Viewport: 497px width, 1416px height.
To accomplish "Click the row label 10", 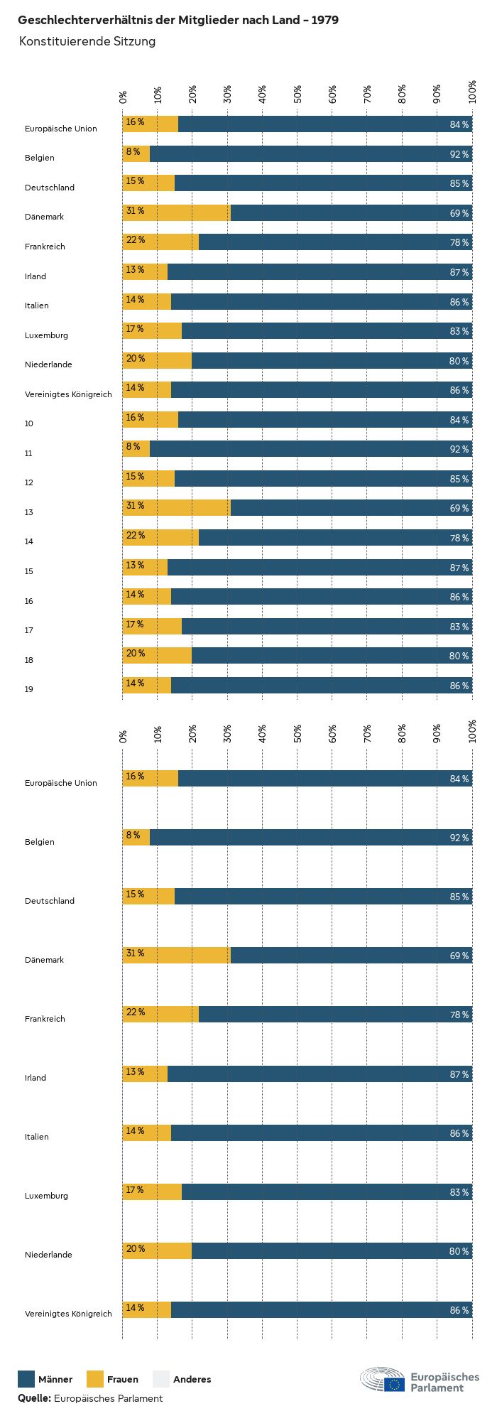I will [x=29, y=423].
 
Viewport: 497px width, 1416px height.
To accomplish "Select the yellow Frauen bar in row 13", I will [x=177, y=507].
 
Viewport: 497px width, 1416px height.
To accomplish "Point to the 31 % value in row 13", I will [x=135, y=506].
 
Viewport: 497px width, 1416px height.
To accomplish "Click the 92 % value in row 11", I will [x=459, y=450].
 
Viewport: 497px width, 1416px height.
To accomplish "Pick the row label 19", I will [x=29, y=689].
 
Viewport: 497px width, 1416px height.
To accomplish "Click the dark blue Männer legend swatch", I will [x=26, y=1379].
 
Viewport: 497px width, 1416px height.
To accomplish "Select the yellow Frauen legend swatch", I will [x=95, y=1379].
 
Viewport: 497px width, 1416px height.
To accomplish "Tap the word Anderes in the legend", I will [x=192, y=1380].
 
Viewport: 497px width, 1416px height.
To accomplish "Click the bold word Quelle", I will [x=34, y=1398].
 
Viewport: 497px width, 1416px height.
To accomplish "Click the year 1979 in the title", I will [x=325, y=21].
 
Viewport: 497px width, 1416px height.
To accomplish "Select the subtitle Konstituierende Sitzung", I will [x=87, y=41].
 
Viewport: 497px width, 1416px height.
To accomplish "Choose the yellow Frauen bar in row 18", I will [x=158, y=655].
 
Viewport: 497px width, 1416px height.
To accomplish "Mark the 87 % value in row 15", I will [x=459, y=568].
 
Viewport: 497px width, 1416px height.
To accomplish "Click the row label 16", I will [x=29, y=601].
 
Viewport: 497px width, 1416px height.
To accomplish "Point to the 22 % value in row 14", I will [x=135, y=536].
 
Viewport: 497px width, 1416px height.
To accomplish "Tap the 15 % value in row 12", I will [x=135, y=477].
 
